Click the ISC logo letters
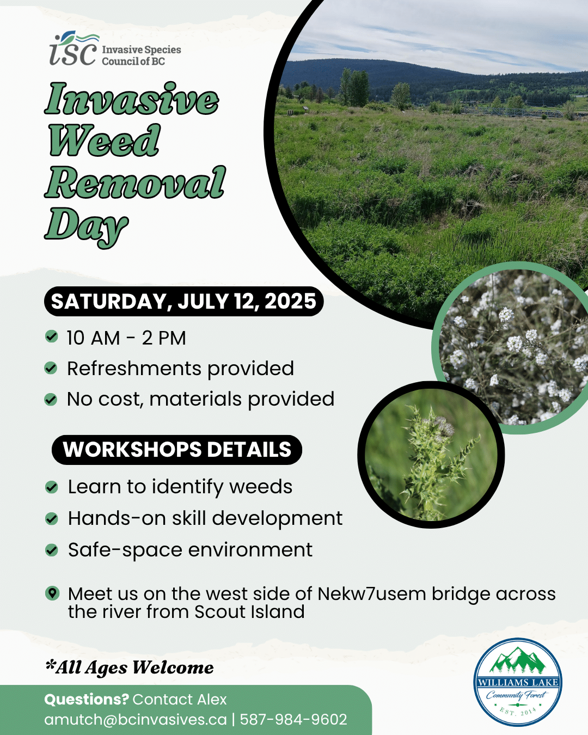pyautogui.click(x=73, y=50)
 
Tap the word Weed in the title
pyautogui.click(x=105, y=140)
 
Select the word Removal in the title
pyautogui.click(x=136, y=182)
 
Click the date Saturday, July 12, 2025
pyautogui.click(x=184, y=301)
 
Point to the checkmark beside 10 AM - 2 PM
pyautogui.click(x=51, y=336)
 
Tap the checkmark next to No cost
pyautogui.click(x=51, y=399)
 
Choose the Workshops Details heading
pyautogui.click(x=177, y=450)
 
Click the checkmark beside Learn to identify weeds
pyautogui.click(x=51, y=487)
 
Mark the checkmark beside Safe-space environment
pyautogui.click(x=51, y=550)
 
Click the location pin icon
pyautogui.click(x=52, y=593)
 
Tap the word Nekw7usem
pyautogui.click(x=372, y=593)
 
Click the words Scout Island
pyautogui.click(x=249, y=611)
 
